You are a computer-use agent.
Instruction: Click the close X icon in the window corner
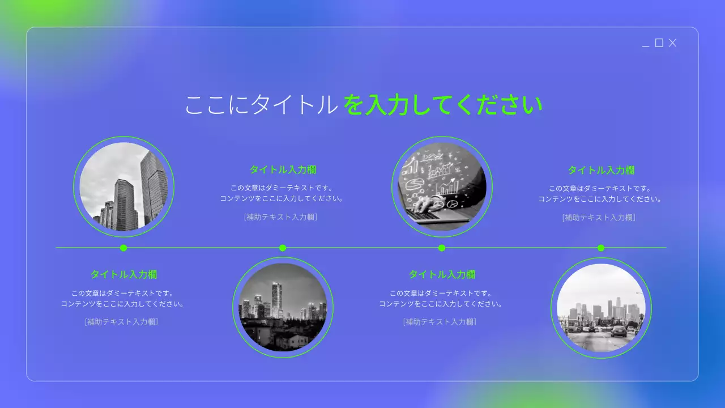tap(672, 43)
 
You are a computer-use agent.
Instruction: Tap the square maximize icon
tap(659, 43)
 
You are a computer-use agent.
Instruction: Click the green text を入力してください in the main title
tap(443, 105)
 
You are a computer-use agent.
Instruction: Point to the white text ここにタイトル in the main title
tap(261, 105)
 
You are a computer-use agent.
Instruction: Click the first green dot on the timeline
tap(123, 248)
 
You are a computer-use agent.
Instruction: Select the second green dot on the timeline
tap(283, 248)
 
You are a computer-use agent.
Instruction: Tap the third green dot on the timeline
tap(442, 248)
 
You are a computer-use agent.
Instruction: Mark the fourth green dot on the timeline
tap(601, 248)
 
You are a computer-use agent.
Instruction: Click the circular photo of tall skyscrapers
tap(123, 186)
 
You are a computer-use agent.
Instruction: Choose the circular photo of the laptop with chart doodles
tap(442, 186)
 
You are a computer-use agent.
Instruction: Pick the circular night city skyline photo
tap(283, 308)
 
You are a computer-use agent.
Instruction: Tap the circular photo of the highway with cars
tap(601, 308)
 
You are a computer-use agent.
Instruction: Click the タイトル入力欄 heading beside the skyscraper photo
tap(283, 169)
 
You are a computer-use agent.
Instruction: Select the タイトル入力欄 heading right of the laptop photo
tap(601, 170)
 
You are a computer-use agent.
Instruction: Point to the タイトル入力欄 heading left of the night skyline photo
tap(123, 274)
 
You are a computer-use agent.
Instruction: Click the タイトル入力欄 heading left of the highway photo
tap(442, 274)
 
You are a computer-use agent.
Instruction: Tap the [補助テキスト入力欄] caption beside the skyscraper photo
tap(281, 217)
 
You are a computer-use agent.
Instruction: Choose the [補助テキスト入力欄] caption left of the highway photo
tap(440, 322)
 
